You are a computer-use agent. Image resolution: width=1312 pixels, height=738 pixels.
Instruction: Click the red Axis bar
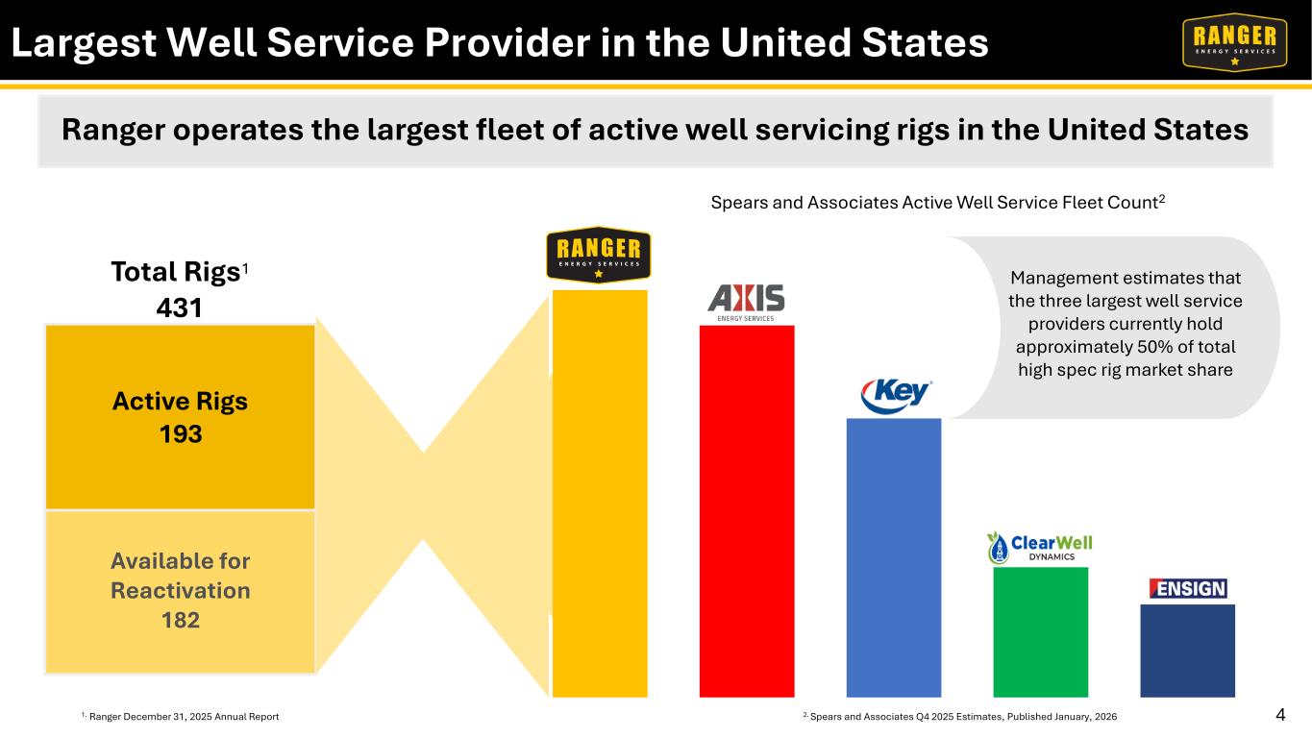747,511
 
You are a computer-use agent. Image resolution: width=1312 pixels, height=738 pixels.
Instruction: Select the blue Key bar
894,557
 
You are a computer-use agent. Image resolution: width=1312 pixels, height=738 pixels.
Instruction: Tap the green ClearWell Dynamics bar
1041,632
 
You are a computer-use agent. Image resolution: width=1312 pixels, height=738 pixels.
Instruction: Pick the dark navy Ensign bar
1188,651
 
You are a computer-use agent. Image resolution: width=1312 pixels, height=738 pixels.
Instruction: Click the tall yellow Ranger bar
600,494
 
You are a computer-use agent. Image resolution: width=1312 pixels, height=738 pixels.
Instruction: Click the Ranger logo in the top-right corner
1235,41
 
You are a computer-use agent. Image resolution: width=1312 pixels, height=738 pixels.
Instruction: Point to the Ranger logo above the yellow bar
599,255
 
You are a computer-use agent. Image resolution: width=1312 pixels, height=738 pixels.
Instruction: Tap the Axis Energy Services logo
746,303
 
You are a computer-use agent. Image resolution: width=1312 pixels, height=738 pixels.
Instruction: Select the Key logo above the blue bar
896,396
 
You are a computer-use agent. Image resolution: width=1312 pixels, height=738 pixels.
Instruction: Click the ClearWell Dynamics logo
1040,548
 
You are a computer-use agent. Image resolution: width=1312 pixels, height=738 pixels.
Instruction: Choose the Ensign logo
1188,588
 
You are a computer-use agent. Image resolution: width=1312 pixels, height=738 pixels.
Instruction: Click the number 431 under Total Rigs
179,307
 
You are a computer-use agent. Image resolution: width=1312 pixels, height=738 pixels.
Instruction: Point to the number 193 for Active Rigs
181,434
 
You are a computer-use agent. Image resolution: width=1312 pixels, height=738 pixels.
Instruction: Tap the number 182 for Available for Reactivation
181,620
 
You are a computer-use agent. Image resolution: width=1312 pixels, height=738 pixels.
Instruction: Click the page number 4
1280,715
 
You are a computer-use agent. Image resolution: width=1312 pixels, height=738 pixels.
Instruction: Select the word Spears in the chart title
738,203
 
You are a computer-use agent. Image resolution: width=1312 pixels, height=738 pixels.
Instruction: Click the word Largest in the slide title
85,44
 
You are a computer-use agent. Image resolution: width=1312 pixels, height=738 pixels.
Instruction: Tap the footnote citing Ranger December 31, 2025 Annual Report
180,716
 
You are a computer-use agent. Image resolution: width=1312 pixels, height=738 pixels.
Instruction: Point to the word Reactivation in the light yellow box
181,590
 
